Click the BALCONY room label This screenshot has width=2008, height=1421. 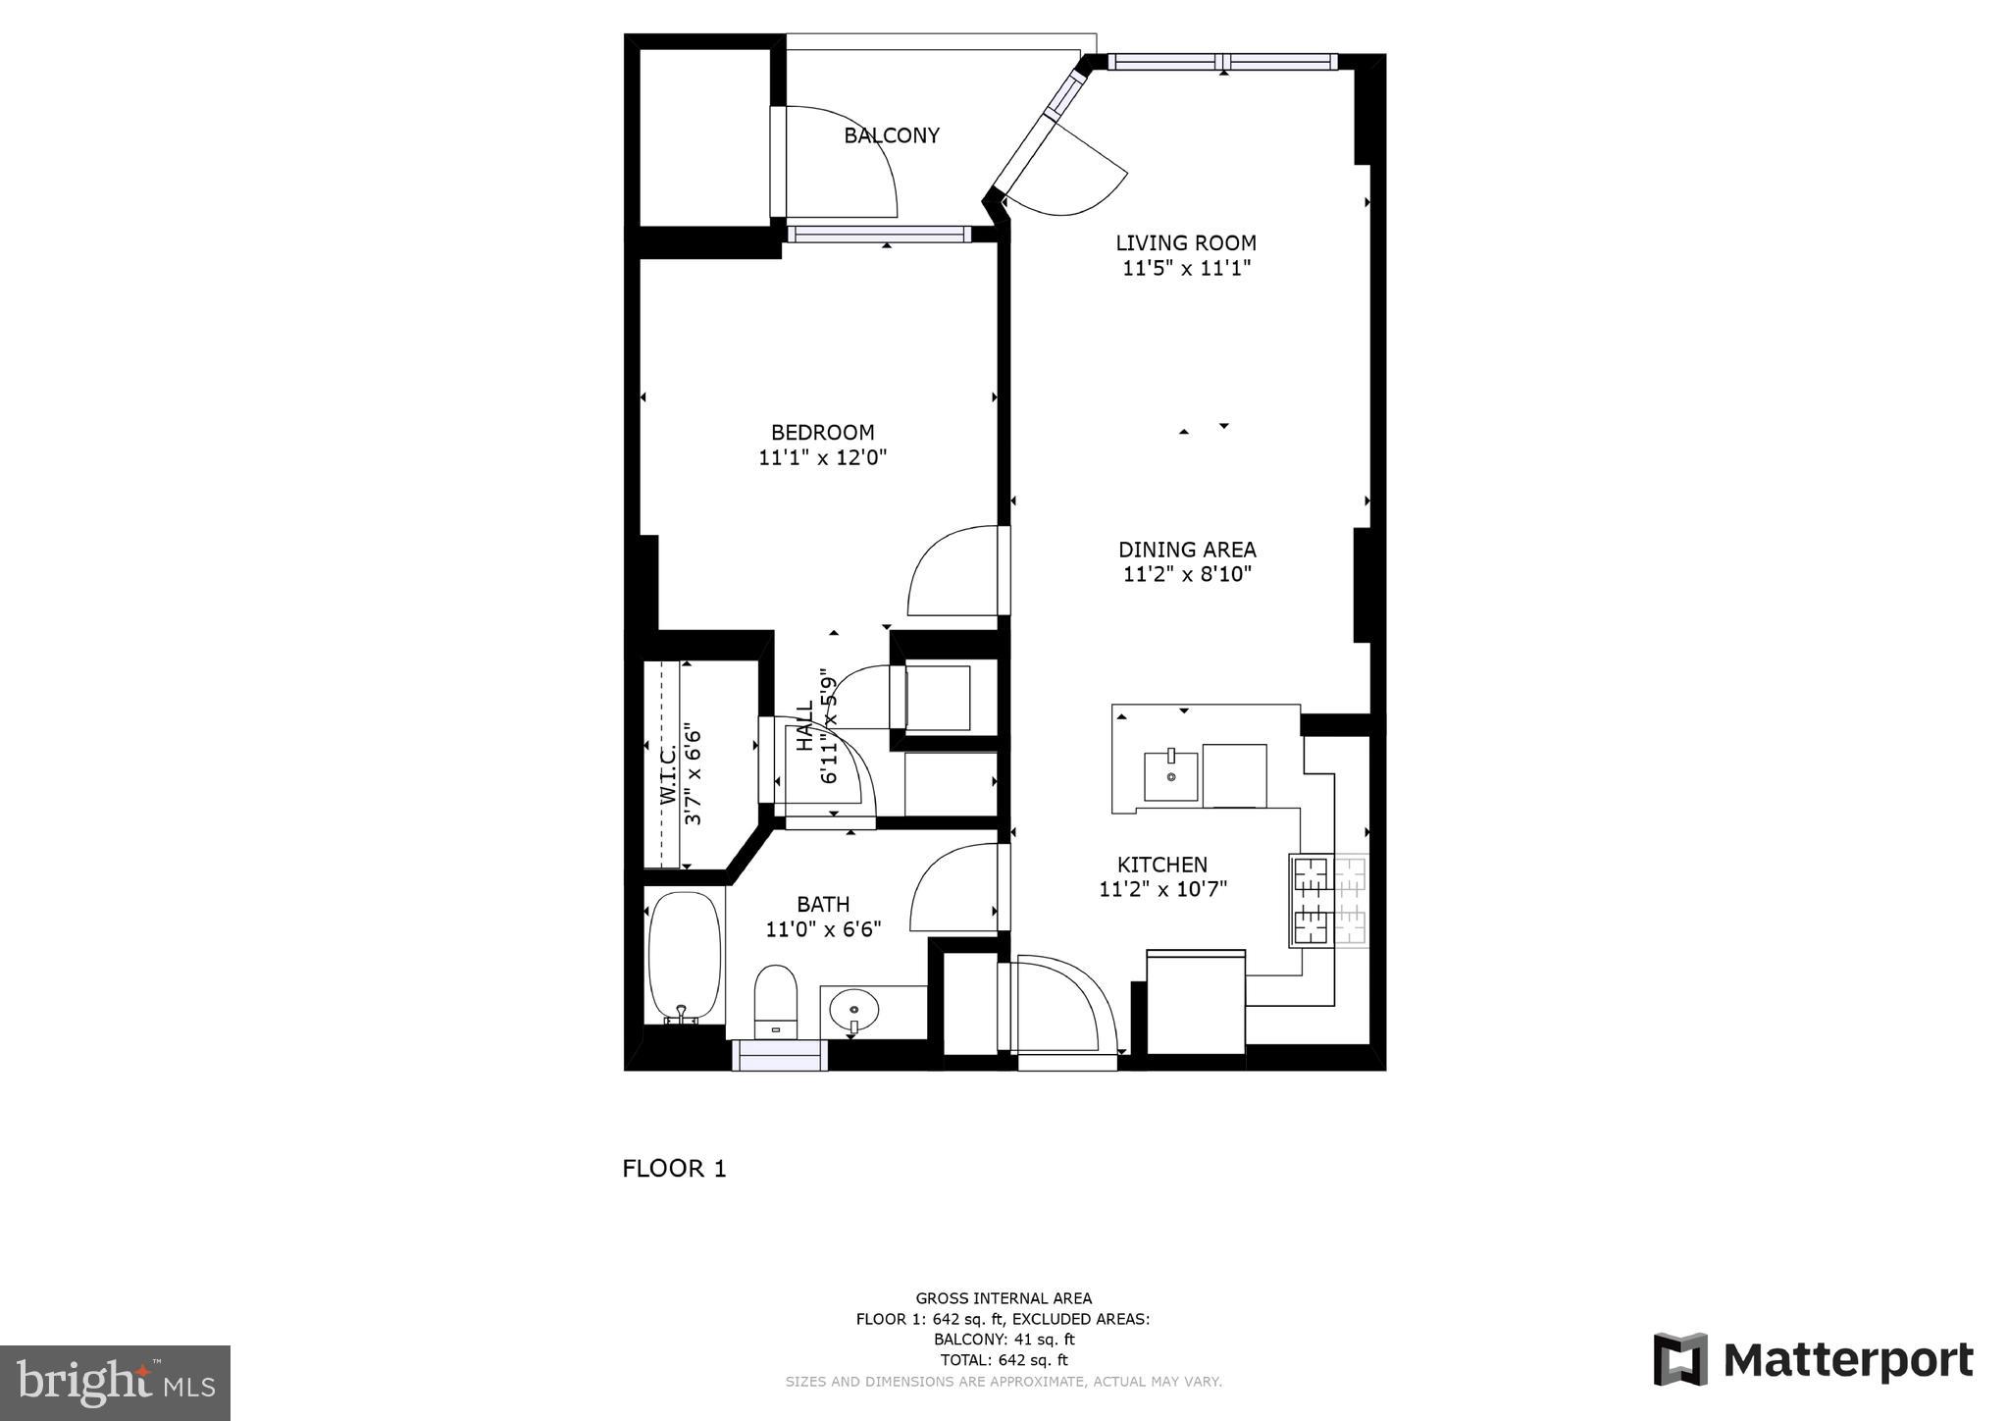(x=891, y=135)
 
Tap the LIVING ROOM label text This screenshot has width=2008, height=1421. (x=1185, y=242)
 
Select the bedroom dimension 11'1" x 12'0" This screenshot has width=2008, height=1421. (x=822, y=457)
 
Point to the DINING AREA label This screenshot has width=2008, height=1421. (x=1186, y=550)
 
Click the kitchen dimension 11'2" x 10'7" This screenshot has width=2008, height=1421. (x=1162, y=889)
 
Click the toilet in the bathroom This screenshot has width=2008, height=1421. (x=775, y=998)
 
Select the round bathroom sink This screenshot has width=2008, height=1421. (x=853, y=1008)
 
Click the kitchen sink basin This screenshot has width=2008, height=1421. (x=1170, y=776)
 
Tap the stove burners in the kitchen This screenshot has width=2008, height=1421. (x=1328, y=900)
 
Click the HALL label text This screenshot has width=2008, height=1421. (x=804, y=726)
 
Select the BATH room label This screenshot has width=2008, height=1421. (x=822, y=904)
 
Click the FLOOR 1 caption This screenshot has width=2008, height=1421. (x=674, y=1168)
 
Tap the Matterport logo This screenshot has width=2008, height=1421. (x=1813, y=1360)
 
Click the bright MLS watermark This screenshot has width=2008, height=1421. (x=115, y=1383)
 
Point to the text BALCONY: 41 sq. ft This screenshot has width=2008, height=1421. (x=1003, y=1340)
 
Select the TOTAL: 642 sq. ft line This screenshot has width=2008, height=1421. (x=1003, y=1360)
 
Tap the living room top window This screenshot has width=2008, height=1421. (x=1222, y=62)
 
